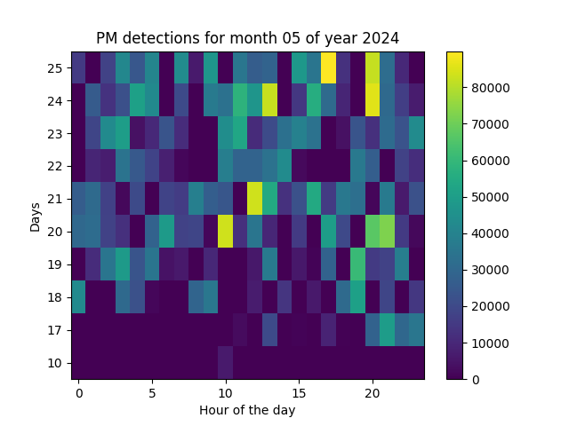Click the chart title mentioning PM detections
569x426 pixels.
point(247,38)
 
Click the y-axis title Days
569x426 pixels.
point(36,216)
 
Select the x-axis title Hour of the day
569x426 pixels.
point(247,410)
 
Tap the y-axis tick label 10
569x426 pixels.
point(56,363)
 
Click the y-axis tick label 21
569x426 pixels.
point(56,199)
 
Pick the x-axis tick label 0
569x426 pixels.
point(79,392)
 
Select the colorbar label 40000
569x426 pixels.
point(489,233)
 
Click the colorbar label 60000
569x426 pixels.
point(489,161)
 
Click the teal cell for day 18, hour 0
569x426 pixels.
point(79,297)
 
